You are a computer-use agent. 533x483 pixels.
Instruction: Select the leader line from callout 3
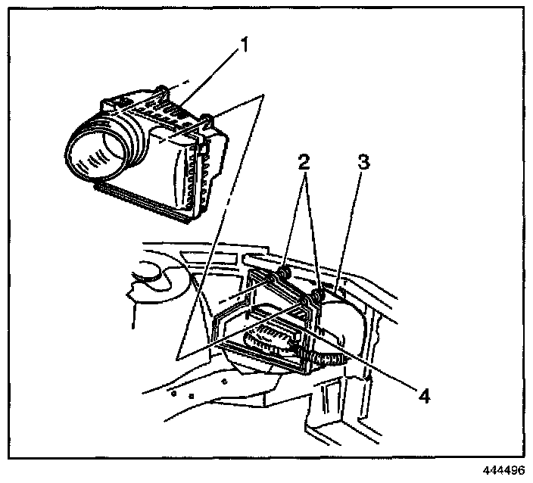tap(351, 235)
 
